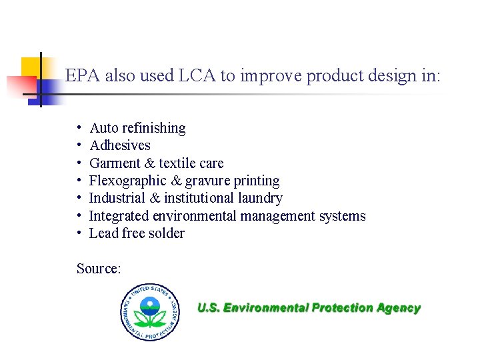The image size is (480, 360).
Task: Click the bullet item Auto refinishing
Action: click(x=137, y=128)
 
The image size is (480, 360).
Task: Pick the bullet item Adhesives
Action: click(x=120, y=145)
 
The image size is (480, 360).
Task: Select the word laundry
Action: click(x=260, y=198)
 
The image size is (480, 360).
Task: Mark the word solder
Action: click(x=166, y=233)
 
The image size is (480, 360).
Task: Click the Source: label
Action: click(x=99, y=269)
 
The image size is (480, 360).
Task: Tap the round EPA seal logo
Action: click(x=150, y=311)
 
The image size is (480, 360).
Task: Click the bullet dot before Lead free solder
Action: click(x=79, y=233)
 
